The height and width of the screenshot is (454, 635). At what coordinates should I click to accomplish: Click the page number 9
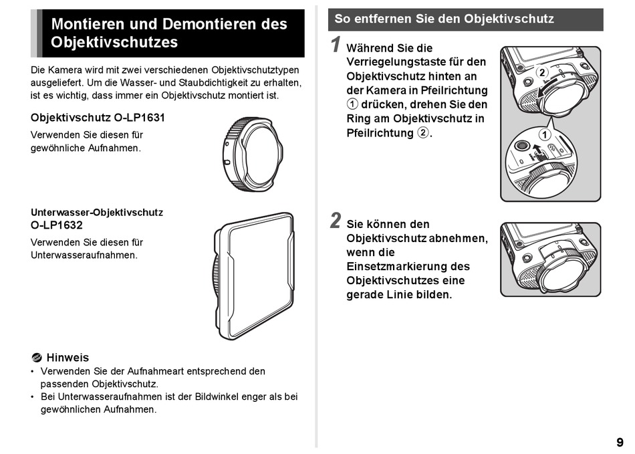pos(620,442)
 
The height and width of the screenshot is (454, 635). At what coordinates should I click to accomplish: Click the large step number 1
pos(337,45)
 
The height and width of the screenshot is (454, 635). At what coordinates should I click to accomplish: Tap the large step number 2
pos(336,221)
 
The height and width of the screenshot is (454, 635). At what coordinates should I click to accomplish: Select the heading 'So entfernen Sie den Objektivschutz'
pos(444,19)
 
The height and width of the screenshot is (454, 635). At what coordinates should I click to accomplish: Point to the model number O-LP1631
pos(139,118)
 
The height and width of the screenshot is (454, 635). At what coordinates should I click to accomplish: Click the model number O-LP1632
pos(57,225)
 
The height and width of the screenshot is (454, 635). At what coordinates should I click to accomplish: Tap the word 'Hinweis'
pos(68,358)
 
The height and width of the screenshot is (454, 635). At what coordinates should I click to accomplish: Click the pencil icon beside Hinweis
pos(37,358)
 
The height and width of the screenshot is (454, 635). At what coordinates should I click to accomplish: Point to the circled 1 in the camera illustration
pos(545,134)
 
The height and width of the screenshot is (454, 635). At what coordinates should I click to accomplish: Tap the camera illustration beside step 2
pos(549,259)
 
